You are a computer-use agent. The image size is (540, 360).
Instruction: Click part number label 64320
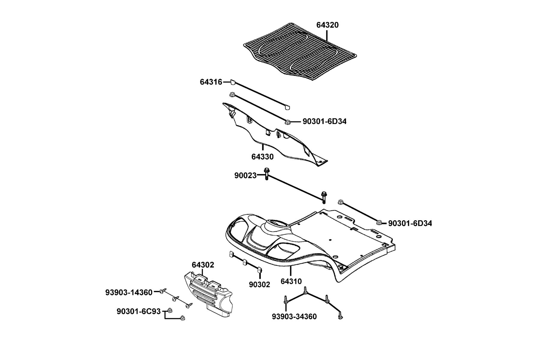[x=327, y=25]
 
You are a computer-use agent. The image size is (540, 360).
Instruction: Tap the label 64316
[x=211, y=82]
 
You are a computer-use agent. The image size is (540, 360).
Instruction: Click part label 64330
[x=262, y=157]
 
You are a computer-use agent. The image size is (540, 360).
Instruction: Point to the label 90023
[x=245, y=176]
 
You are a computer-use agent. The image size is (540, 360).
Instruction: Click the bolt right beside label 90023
[x=266, y=174]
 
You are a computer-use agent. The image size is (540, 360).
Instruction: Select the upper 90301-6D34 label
[x=324, y=121]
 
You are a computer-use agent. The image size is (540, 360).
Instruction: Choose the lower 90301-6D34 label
[x=410, y=223]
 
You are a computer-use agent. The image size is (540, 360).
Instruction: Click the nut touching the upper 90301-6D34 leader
[x=288, y=122]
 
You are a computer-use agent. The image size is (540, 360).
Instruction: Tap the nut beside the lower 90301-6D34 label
[x=379, y=223]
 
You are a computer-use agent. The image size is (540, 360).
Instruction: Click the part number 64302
[x=203, y=265]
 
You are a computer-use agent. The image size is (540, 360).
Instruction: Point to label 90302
[x=259, y=285]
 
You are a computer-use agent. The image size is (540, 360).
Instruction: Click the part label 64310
[x=291, y=282]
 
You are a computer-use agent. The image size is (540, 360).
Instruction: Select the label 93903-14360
[x=129, y=292]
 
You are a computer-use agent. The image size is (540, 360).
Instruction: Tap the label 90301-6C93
[x=139, y=312]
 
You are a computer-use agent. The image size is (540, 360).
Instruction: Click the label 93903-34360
[x=294, y=317]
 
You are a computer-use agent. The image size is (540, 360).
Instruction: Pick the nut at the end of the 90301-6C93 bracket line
[x=182, y=318]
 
